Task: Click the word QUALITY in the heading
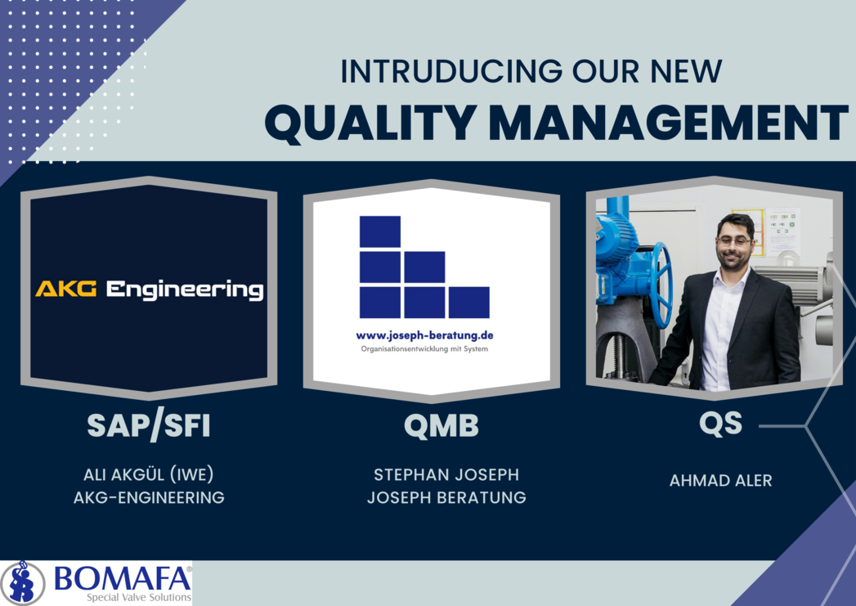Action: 370,122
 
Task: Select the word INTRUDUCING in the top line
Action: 451,71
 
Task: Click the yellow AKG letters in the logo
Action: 66,288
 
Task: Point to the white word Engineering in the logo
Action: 185,290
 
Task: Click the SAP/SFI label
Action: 149,426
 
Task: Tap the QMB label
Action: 441,426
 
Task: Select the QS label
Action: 720,424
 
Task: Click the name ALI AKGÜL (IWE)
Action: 149,474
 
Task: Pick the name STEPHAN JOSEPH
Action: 446,474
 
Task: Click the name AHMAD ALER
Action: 720,480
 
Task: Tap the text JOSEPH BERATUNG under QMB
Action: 446,497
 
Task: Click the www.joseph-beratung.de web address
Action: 424,335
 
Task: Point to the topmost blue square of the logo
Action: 380,231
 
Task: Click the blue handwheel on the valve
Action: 661,285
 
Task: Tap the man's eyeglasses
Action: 735,240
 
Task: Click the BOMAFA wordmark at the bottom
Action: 123,578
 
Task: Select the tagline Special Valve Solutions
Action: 139,597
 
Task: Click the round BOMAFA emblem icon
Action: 22,583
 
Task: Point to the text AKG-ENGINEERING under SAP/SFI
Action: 149,497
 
